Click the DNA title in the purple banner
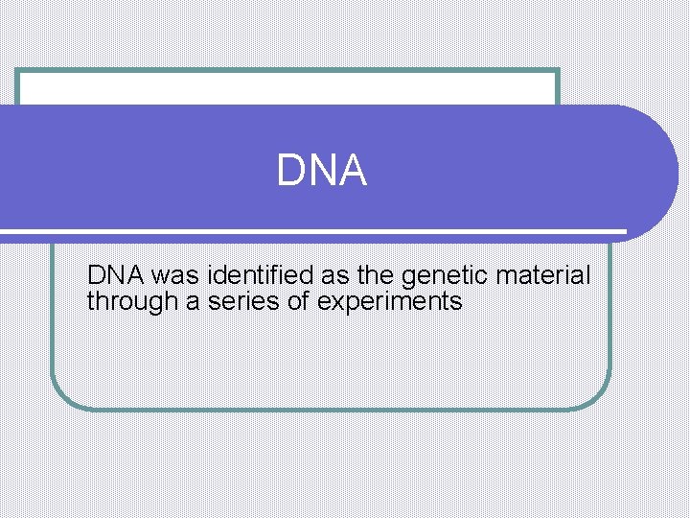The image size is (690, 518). (x=322, y=171)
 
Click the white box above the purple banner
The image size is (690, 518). (x=287, y=88)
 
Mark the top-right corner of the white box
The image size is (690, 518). (x=556, y=72)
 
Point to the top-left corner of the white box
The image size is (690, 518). (x=19, y=72)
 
